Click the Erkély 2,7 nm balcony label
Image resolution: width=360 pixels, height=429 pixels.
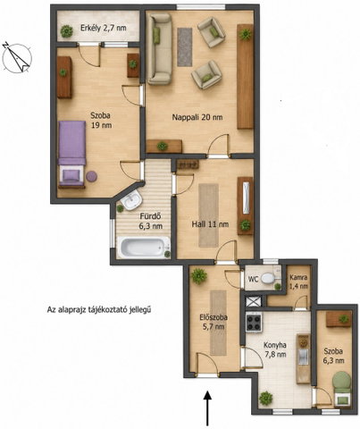point(104,28)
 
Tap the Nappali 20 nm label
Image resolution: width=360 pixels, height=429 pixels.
point(197,117)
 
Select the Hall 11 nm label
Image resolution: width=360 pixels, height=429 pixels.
point(210,224)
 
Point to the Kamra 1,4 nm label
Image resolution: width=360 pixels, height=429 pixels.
point(299,282)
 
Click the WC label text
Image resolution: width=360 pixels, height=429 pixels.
point(253,280)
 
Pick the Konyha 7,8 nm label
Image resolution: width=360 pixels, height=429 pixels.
point(275,349)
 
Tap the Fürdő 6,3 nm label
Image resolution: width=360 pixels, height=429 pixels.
point(151,221)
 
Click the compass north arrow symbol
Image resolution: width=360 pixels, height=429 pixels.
point(17,58)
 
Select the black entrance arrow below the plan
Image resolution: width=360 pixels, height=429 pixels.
point(207,408)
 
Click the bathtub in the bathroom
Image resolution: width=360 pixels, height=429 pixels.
point(144,248)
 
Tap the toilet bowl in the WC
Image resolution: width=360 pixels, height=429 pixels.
point(269,279)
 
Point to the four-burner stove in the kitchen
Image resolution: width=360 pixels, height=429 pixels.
point(254,323)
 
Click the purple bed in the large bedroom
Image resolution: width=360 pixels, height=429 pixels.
point(71,153)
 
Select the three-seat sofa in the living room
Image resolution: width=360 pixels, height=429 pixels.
point(160,49)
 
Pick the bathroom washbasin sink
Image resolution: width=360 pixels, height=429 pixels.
point(132,200)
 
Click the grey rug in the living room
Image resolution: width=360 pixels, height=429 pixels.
point(185,46)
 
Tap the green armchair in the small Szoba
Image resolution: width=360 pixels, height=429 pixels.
point(342,388)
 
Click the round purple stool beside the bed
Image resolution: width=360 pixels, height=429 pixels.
point(91,176)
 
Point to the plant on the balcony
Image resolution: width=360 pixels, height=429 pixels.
point(67,31)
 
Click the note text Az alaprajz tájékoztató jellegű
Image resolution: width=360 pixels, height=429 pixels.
point(99,310)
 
